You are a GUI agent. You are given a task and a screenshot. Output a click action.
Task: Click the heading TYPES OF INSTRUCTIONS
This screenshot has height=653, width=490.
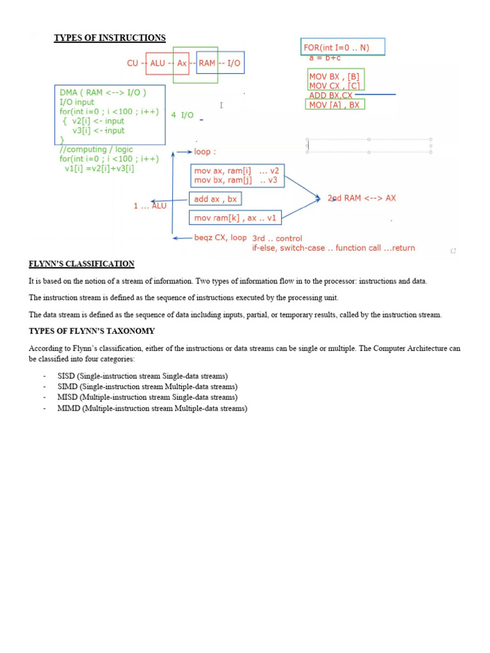point(110,38)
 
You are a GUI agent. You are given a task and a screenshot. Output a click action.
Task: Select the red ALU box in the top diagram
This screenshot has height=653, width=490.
point(157,63)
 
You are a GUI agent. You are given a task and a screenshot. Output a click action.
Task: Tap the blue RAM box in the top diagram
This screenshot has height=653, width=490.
point(207,63)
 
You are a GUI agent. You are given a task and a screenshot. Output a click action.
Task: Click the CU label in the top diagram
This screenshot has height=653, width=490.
point(133,63)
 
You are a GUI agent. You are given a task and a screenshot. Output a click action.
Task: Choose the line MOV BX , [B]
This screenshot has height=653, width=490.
point(334,77)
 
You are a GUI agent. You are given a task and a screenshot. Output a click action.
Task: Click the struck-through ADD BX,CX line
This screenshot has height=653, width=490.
point(330,96)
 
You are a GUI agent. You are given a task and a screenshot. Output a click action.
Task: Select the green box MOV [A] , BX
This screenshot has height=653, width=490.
point(334,105)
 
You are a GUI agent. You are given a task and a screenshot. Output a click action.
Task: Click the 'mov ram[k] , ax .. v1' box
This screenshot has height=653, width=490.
point(236,218)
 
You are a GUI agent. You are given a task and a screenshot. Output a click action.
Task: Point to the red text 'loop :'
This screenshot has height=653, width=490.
point(205,152)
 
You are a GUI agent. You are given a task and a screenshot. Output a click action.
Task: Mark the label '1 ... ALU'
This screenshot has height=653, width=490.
point(150,206)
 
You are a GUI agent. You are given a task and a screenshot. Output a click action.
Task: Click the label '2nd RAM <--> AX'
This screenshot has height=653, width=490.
point(362,198)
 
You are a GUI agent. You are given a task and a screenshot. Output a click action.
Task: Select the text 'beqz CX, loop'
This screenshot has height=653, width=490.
point(220,238)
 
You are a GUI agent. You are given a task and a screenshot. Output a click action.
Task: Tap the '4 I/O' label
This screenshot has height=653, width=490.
point(182,115)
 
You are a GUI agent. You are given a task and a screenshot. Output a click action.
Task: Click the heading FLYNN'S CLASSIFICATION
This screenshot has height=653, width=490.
point(82,264)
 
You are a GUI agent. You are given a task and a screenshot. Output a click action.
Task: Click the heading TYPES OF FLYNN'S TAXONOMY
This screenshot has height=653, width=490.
point(92,331)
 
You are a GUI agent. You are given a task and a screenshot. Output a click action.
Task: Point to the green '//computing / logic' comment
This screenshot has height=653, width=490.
point(96,149)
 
